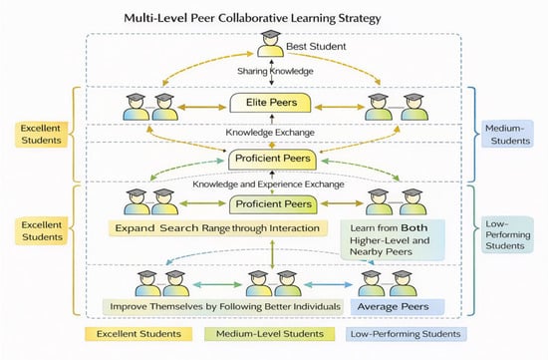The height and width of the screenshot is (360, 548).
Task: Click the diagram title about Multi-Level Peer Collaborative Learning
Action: click(x=252, y=18)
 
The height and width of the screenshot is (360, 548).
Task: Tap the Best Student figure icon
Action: click(x=270, y=44)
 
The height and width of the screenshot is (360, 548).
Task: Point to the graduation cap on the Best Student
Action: click(x=270, y=34)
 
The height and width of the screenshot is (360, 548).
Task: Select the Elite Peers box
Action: click(x=270, y=103)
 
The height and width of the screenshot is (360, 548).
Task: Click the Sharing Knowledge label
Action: click(x=275, y=71)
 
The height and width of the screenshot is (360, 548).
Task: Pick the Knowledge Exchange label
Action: click(x=270, y=133)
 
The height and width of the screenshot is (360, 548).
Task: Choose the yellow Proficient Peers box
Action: click(x=272, y=160)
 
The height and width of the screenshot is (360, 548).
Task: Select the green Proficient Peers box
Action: click(x=273, y=204)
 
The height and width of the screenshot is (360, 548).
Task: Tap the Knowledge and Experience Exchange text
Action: click(x=268, y=184)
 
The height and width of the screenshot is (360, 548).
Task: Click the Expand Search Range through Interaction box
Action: click(x=218, y=228)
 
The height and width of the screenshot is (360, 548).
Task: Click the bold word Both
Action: click(x=414, y=227)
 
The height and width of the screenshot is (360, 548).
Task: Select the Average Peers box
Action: click(x=398, y=307)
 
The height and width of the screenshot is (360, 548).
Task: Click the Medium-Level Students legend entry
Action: click(x=269, y=334)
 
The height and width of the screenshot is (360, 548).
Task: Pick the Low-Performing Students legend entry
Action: click(x=407, y=334)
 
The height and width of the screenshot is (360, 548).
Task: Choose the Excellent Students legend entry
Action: click(x=138, y=334)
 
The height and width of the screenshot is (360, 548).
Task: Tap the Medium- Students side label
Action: click(x=507, y=134)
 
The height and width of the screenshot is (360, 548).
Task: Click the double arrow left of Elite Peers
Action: click(x=202, y=107)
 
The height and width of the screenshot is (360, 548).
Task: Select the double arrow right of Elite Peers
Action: click(x=340, y=107)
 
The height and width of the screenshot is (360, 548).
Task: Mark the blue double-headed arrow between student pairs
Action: click(x=329, y=285)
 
